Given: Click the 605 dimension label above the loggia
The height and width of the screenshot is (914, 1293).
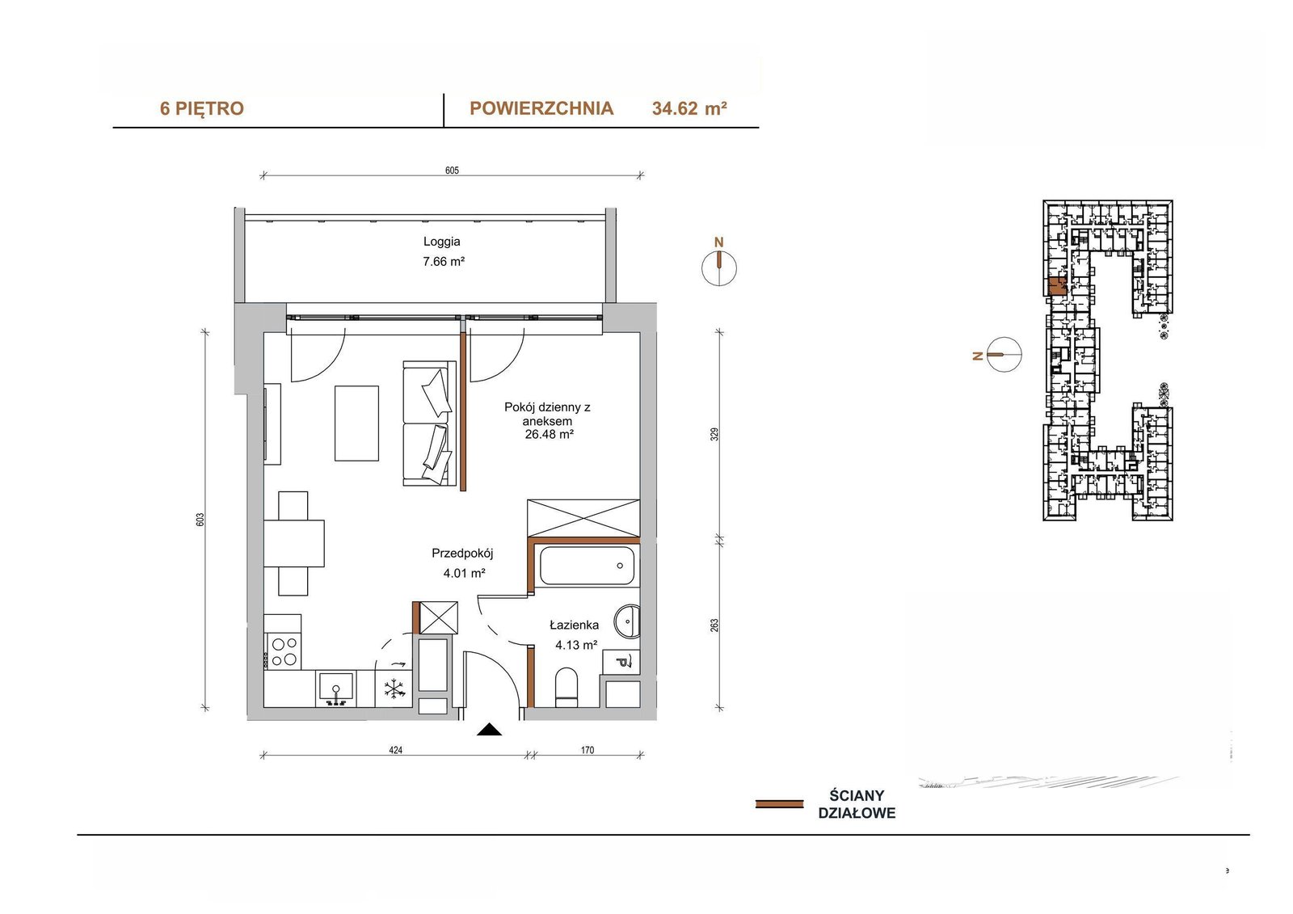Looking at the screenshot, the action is click(x=452, y=171).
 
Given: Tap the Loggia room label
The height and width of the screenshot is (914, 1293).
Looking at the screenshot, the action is click(x=441, y=242).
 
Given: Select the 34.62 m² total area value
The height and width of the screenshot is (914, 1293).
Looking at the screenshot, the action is click(x=689, y=108).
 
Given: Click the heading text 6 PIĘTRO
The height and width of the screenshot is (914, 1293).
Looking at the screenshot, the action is click(x=202, y=108).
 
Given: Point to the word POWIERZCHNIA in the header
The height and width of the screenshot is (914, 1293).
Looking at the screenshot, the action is click(x=541, y=108).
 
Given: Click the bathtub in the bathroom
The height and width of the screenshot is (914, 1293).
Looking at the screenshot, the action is click(x=588, y=565).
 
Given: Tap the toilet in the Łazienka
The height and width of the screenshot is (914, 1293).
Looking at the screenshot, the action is click(x=566, y=687).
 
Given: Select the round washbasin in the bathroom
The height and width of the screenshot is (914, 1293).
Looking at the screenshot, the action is click(x=627, y=621).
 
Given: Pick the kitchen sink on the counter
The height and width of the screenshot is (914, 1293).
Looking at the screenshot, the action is click(x=335, y=689).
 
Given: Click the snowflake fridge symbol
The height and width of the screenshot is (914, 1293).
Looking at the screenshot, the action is click(x=394, y=689).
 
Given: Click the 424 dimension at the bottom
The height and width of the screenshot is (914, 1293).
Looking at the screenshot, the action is click(x=395, y=750).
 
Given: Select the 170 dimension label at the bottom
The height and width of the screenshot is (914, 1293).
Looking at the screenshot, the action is click(x=587, y=750).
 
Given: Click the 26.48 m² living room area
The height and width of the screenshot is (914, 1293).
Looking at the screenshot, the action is click(x=549, y=434).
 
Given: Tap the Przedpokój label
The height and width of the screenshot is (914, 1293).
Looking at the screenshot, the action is click(x=462, y=553).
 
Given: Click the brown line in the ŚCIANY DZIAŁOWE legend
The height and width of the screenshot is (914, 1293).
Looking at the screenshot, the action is click(x=779, y=804).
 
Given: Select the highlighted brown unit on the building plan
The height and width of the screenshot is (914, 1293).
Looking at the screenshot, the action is click(x=1057, y=286).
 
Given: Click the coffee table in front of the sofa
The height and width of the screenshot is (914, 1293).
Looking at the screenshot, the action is click(x=356, y=423).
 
